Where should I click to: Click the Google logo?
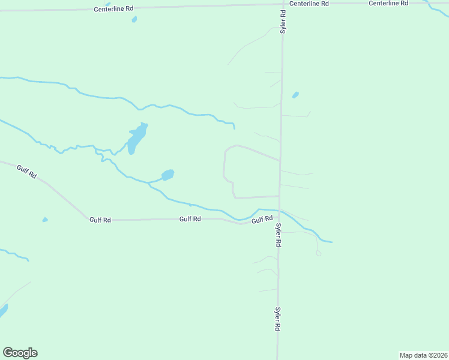pyautogui.click(x=20, y=353)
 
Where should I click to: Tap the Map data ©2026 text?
pyautogui.click(x=423, y=355)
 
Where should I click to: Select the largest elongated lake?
pyautogui.click(x=137, y=139)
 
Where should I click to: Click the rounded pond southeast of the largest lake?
pyautogui.click(x=168, y=175)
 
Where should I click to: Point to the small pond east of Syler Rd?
pyautogui.click(x=295, y=95)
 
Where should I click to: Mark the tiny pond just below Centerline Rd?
pyautogui.click(x=134, y=19)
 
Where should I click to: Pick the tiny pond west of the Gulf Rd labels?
pyautogui.click(x=45, y=220)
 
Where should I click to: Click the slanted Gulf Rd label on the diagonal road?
pyautogui.click(x=27, y=172)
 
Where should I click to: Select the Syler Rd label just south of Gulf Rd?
pyautogui.click(x=279, y=235)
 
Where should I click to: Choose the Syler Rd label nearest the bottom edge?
pyautogui.click(x=278, y=319)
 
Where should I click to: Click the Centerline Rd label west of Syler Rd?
pyautogui.click(x=113, y=10)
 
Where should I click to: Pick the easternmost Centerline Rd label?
pyautogui.click(x=388, y=3)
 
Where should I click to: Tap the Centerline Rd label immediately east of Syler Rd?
pyautogui.click(x=309, y=3)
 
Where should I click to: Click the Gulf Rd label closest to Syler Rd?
pyautogui.click(x=262, y=220)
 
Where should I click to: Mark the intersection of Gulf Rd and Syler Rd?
pyautogui.click(x=279, y=211)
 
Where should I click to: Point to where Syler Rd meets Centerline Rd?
pyautogui.click(x=283, y=4)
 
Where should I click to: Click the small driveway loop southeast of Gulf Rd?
pyautogui.click(x=319, y=253)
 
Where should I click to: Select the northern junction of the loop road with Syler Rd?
pyautogui.click(x=280, y=160)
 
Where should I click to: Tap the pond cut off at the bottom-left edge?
pyautogui.click(x=2, y=311)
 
